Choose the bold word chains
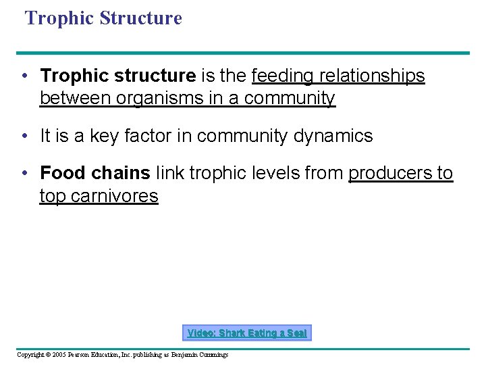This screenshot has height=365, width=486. tap(120, 173)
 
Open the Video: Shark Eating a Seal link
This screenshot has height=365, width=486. tap(247, 333)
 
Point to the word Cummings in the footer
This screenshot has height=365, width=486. tap(213, 355)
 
